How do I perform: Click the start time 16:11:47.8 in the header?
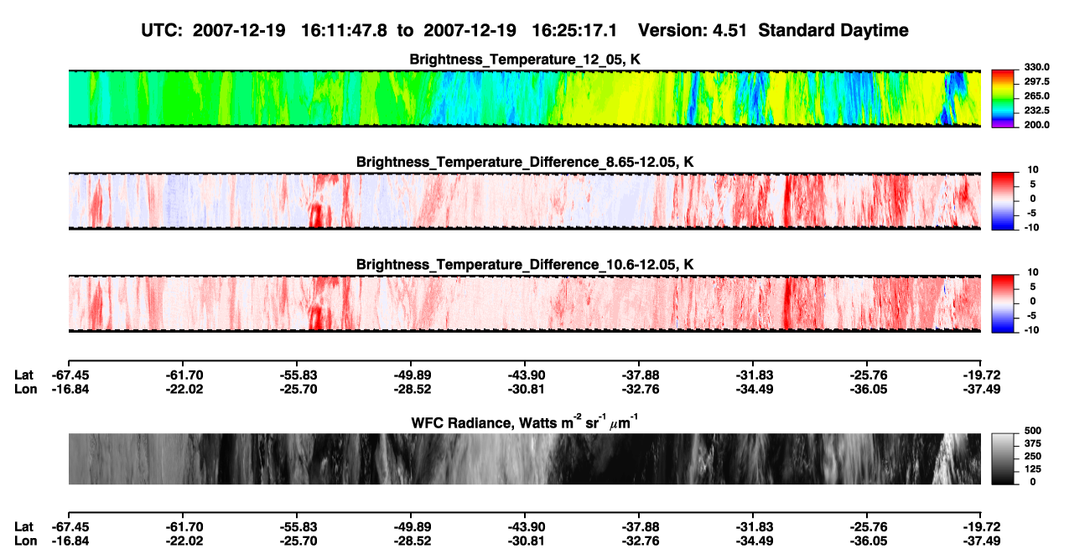344,30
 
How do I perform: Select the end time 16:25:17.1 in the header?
574,30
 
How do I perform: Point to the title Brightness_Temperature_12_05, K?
525,60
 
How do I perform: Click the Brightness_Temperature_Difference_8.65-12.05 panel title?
525,162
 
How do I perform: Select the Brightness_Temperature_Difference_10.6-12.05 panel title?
525,265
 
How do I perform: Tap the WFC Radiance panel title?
525,422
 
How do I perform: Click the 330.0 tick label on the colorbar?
1036,67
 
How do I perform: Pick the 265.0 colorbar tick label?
1036,96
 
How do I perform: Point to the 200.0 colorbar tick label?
1036,125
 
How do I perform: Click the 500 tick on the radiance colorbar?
1033,431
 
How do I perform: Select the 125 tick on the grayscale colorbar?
1033,469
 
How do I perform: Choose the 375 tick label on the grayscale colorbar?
1033,443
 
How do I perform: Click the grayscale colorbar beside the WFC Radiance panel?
1004,458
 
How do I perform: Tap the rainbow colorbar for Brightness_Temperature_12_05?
1004,99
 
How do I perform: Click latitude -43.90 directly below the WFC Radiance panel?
526,527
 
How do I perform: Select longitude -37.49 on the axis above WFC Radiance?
982,389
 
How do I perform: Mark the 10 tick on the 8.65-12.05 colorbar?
1033,170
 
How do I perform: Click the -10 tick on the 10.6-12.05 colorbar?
1031,330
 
